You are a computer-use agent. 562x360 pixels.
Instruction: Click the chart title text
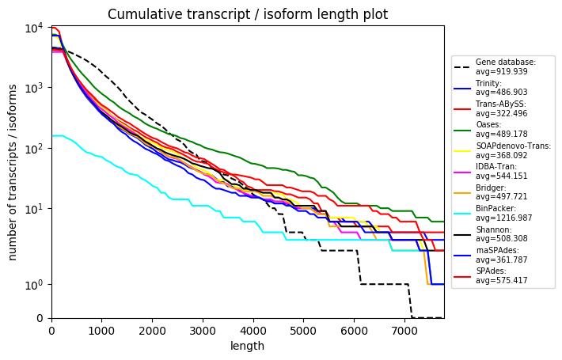click(x=247, y=14)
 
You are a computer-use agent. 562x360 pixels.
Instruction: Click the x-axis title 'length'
click(x=247, y=346)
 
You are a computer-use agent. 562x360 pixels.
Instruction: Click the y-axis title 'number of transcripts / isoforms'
click(x=13, y=172)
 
